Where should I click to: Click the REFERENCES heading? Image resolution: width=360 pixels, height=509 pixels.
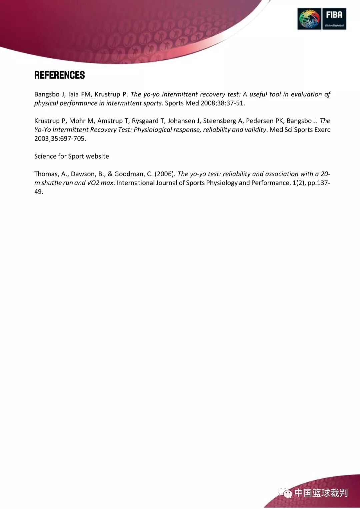pyautogui.click(x=59, y=75)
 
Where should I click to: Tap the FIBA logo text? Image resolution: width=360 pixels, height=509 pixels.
pyautogui.click(x=334, y=15)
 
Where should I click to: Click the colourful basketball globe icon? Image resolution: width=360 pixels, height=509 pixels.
pyautogui.click(x=309, y=19)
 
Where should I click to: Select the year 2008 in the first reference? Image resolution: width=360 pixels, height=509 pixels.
pyautogui.click(x=208, y=103)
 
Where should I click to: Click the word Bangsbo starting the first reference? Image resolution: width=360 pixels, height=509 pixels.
pyautogui.click(x=47, y=94)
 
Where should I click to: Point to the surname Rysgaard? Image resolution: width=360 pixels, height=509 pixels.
pyautogui.click(x=145, y=121)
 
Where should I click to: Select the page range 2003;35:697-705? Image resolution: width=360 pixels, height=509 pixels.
pyautogui.click(x=60, y=139)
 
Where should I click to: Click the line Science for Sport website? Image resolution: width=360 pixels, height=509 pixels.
pyautogui.click(x=72, y=156)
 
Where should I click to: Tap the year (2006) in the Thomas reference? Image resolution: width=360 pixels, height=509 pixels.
pyautogui.click(x=165, y=174)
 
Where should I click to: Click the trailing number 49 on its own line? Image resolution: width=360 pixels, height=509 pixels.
pyautogui.click(x=38, y=192)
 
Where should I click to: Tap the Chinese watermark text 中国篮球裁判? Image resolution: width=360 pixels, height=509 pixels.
pyautogui.click(x=321, y=493)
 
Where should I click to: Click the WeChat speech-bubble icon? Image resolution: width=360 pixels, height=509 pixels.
pyautogui.click(x=285, y=493)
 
